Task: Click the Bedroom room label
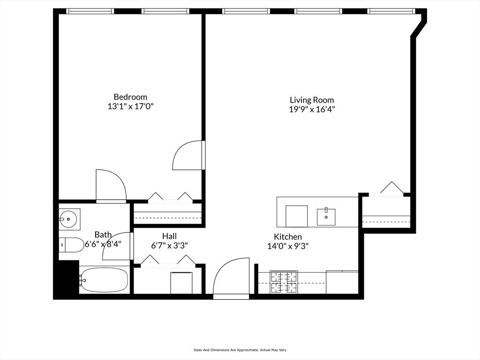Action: coord(130,97)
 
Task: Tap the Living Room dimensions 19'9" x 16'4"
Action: coord(312,110)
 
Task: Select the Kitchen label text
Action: coord(288,237)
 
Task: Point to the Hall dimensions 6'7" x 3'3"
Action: coord(169,245)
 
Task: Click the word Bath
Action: coord(103,234)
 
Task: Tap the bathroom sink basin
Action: coord(69,218)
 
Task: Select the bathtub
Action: coord(104,280)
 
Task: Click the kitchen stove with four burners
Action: coord(285,283)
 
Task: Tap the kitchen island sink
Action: coord(326,217)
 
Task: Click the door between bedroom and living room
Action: coord(189,156)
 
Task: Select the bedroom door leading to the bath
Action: coord(111,186)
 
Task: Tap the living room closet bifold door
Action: coord(392,188)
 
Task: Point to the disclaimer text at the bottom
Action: coord(240,350)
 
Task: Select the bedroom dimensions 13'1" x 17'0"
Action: coord(130,106)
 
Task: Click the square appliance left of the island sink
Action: coord(296,216)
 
